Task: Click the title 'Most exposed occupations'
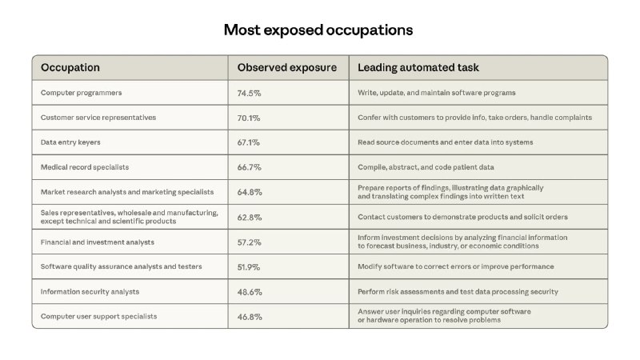(x=318, y=30)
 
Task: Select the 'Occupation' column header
(x=70, y=68)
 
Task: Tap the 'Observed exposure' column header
(x=287, y=68)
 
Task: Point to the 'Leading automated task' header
(x=418, y=68)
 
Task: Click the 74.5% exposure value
(x=249, y=93)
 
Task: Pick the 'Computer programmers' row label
(x=81, y=93)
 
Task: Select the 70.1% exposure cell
(x=249, y=118)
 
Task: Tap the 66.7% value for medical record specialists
(x=249, y=167)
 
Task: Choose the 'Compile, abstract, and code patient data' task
(x=426, y=167)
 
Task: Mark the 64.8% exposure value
(x=249, y=192)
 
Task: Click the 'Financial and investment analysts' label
(x=98, y=242)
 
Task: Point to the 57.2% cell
(x=249, y=242)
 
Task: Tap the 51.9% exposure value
(x=249, y=266)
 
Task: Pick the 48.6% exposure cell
(x=249, y=291)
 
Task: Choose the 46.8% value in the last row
(x=249, y=316)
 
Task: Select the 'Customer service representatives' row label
(x=98, y=118)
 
